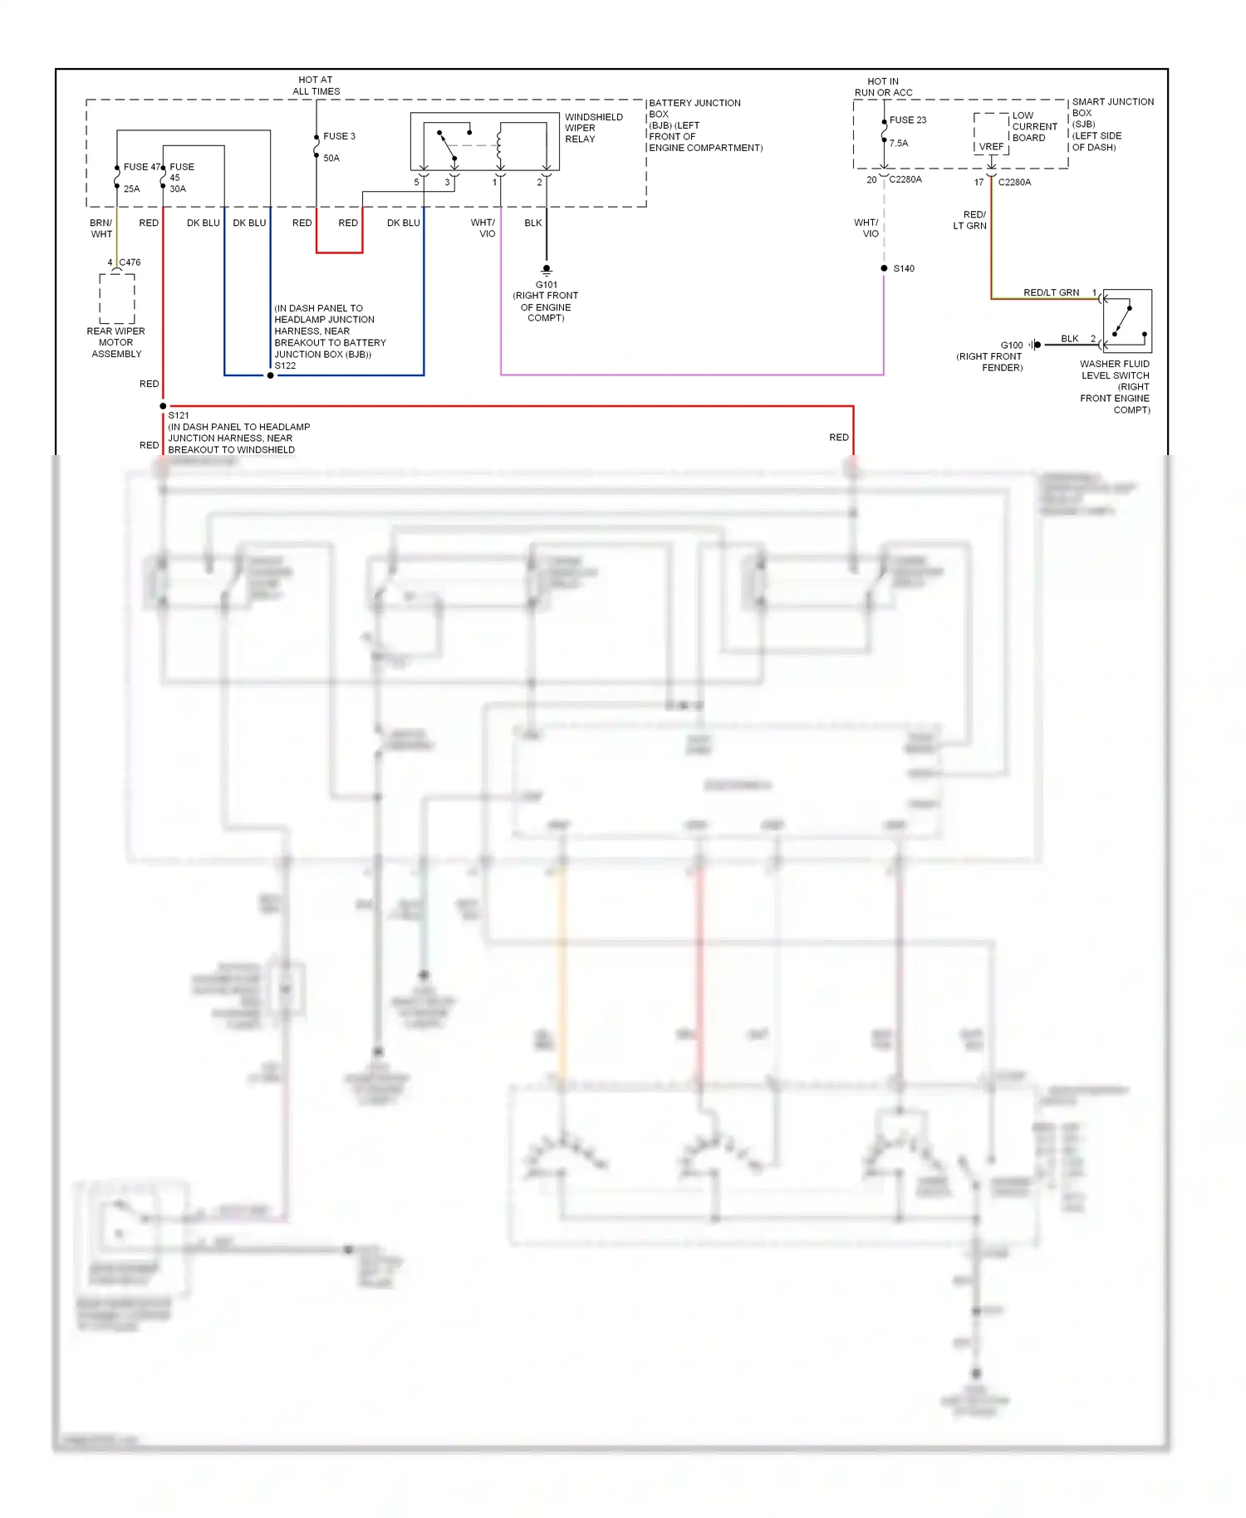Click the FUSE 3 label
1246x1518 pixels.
pyautogui.click(x=339, y=136)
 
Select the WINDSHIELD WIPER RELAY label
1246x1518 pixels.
pyautogui.click(x=593, y=128)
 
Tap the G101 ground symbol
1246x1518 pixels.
pyautogui.click(x=547, y=270)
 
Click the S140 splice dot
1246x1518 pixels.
pyautogui.click(x=884, y=268)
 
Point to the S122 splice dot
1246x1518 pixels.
pyautogui.click(x=270, y=375)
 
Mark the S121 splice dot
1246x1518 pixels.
pyautogui.click(x=163, y=406)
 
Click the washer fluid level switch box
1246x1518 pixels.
pyautogui.click(x=1126, y=321)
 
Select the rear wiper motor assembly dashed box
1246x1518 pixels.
pyautogui.click(x=117, y=298)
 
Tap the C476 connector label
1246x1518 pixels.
pyautogui.click(x=130, y=262)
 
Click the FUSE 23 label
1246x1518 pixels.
pyautogui.click(x=907, y=120)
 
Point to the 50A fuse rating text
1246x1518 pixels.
pyautogui.click(x=331, y=158)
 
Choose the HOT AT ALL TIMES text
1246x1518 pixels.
pyautogui.click(x=316, y=86)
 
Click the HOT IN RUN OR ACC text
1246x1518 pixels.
pyautogui.click(x=883, y=87)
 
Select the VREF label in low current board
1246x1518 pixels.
pyautogui.click(x=991, y=146)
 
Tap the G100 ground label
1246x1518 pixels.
pyautogui.click(x=1011, y=345)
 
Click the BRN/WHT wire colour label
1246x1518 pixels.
pyautogui.click(x=101, y=228)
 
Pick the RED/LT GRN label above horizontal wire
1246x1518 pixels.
pyautogui.click(x=1051, y=292)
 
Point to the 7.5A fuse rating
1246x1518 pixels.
pyautogui.click(x=899, y=144)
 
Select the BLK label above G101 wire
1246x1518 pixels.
pyautogui.click(x=533, y=223)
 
